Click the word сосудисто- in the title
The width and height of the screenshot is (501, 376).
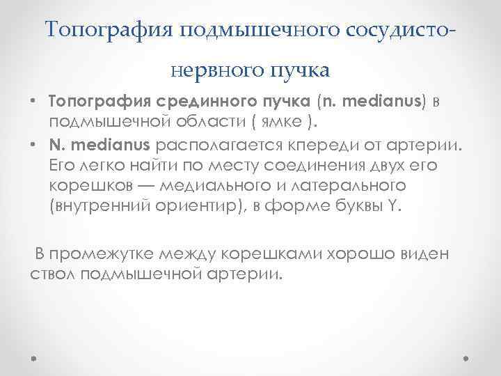click(x=398, y=29)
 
